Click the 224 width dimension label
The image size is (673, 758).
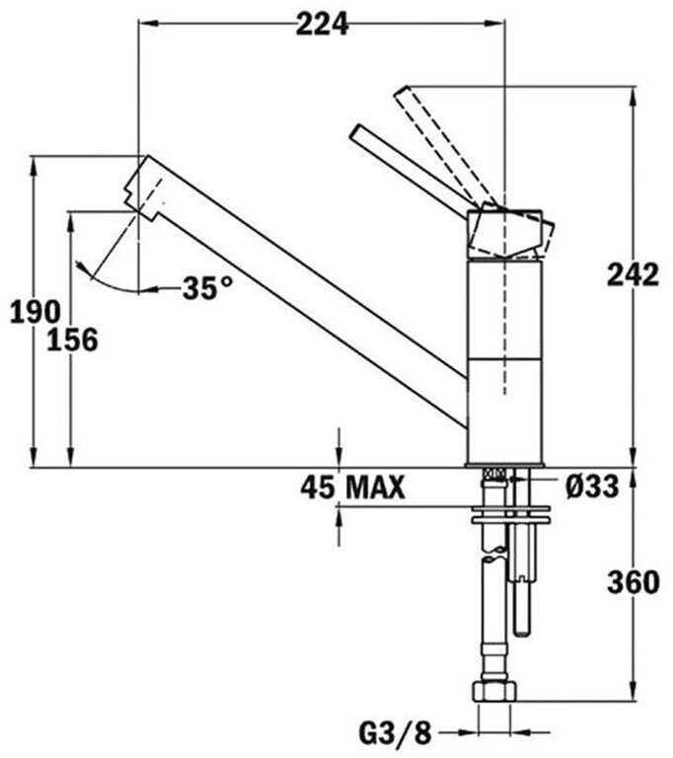[322, 24]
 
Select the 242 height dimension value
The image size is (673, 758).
[633, 274]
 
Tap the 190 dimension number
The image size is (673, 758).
[36, 311]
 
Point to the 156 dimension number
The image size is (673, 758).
[72, 340]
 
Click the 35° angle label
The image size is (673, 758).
[207, 288]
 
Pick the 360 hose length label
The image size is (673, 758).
[633, 582]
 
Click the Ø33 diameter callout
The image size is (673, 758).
[592, 487]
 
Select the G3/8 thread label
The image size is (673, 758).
[395, 734]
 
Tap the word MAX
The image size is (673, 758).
[376, 488]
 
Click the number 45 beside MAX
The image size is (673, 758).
[317, 488]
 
